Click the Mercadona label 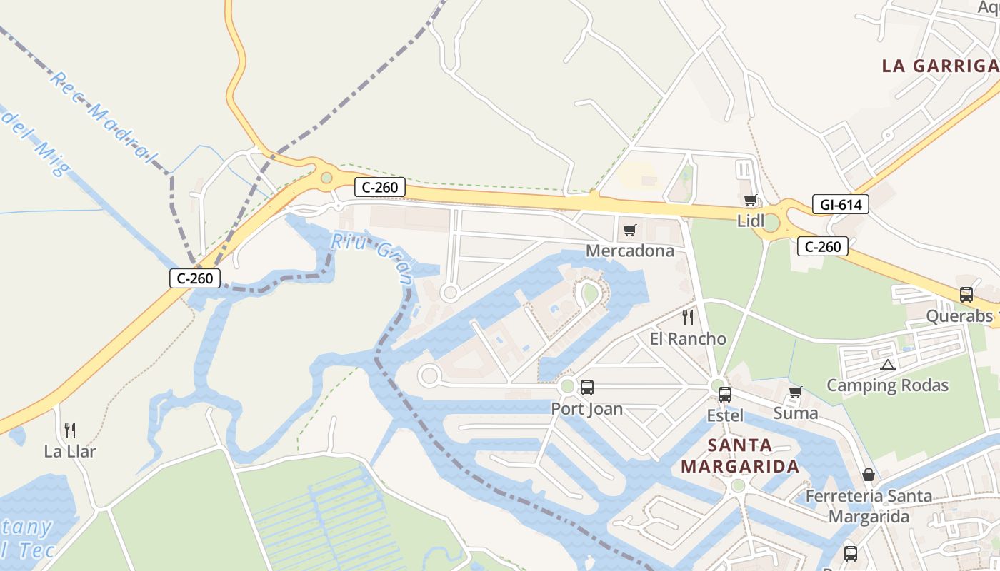pos(629,251)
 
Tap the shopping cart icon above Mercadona pos(629,230)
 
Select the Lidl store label pos(751,221)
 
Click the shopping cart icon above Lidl pos(750,201)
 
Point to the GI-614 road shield pos(840,205)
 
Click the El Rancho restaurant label pos(687,338)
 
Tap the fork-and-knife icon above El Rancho pos(688,317)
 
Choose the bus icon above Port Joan pos(587,388)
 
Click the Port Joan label pos(586,409)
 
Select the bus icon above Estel pos(725,394)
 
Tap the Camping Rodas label pos(887,385)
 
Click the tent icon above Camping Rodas pos(887,365)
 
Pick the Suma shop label pos(796,413)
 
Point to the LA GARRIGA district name pos(940,66)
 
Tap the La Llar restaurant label pos(70,451)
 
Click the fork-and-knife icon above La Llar pos(70,430)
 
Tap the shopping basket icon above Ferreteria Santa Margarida pos(869,475)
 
